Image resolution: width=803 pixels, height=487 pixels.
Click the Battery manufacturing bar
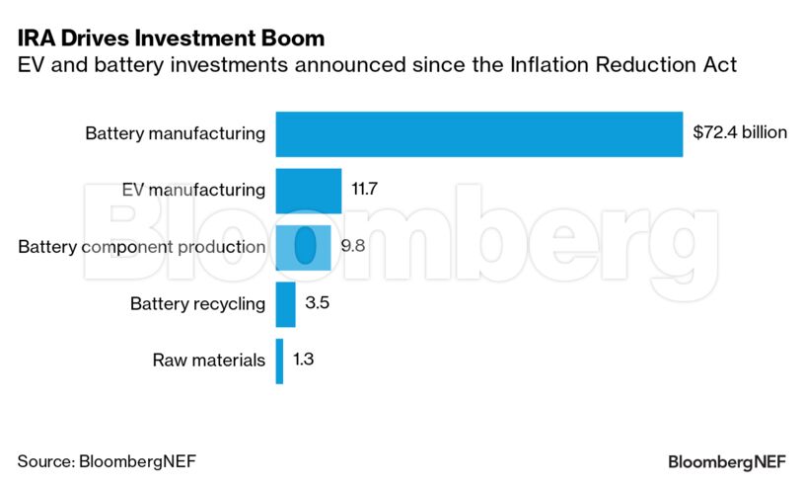pos(478,134)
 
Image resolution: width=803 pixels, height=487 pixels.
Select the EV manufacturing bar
pos(308,191)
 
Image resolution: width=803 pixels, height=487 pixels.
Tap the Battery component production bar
pos(303,247)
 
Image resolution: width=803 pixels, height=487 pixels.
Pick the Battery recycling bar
pos(285,304)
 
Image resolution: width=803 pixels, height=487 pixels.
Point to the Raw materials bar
pos(279,361)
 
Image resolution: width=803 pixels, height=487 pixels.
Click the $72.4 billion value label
pos(740,131)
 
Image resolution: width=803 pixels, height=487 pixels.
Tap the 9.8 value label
pos(353,245)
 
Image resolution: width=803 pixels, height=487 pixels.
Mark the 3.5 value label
pos(317,302)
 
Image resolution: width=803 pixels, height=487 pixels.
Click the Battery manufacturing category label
pos(176,133)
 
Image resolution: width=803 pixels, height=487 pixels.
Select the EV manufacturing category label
pos(193,190)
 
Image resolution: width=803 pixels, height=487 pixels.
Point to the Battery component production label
pos(142,247)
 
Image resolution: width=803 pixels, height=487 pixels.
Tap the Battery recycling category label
pos(197,303)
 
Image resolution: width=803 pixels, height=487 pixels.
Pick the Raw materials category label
pos(208,361)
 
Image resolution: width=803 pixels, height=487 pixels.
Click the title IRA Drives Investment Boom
pos(171,40)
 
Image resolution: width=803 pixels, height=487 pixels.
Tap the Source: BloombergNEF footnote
pos(100,461)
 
